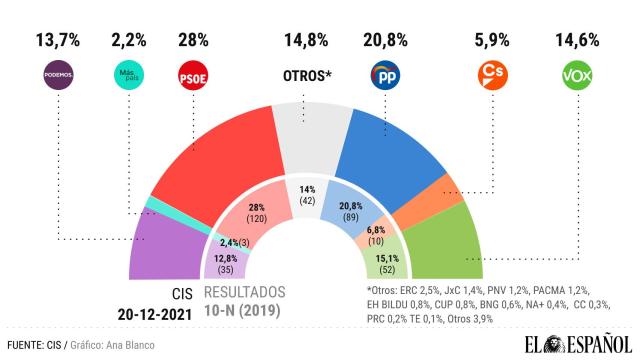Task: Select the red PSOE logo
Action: coord(192,75)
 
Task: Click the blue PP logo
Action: coord(385,75)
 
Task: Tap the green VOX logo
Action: coord(577,75)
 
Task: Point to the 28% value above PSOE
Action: coord(192,40)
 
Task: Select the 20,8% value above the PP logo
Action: coord(385,40)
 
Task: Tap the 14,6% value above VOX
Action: coord(577,40)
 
